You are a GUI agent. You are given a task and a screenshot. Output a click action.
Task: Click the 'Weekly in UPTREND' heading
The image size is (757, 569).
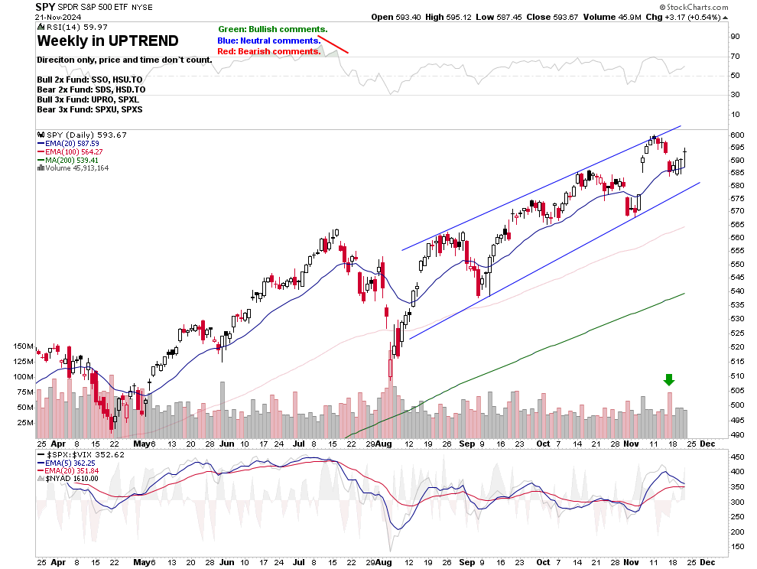[x=108, y=41]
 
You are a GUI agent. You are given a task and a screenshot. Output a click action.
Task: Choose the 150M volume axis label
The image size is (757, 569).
[x=23, y=346]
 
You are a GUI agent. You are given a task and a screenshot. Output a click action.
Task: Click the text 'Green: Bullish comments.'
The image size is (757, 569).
[x=272, y=29]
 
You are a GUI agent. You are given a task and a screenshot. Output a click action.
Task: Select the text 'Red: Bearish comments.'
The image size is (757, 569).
[x=269, y=51]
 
